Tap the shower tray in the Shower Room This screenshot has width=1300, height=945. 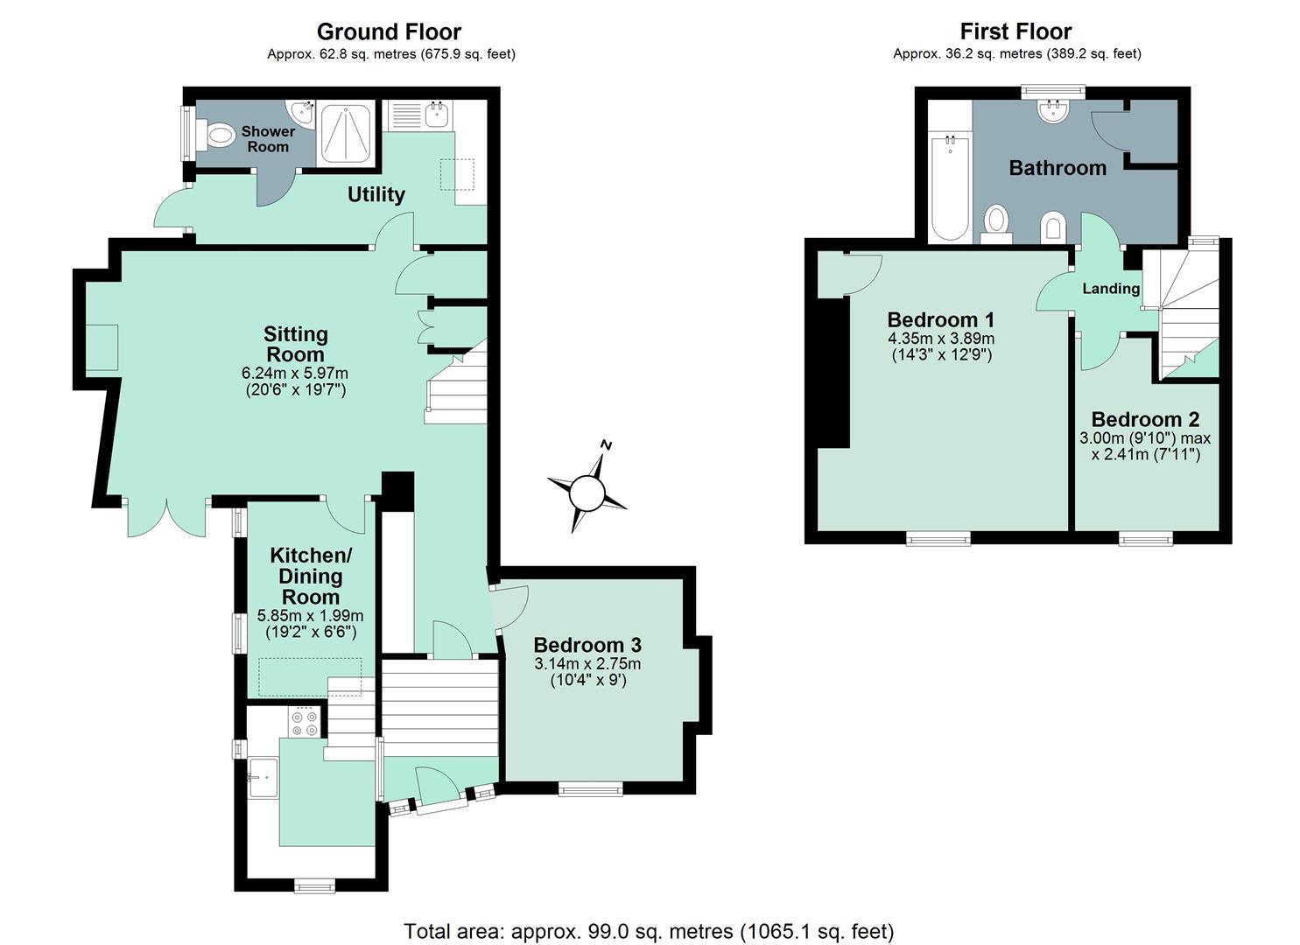(346, 134)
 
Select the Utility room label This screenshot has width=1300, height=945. (376, 194)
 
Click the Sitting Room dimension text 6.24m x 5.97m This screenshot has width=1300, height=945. (295, 373)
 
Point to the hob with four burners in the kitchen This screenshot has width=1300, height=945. (304, 722)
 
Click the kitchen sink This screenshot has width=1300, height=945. (264, 777)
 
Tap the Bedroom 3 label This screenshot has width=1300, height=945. (587, 645)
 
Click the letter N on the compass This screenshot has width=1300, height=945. (607, 445)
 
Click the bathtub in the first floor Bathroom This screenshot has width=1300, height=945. (950, 188)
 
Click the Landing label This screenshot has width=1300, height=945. (1111, 289)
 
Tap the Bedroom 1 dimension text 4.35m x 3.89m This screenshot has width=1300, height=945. (941, 339)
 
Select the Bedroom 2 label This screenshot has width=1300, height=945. (1145, 419)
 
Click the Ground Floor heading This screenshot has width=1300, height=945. (389, 31)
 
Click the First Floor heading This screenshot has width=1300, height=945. (1016, 31)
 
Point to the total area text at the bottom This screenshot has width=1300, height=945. (649, 931)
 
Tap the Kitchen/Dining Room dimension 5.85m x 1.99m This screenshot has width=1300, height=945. (311, 615)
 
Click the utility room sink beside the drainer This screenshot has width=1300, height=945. (436, 115)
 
